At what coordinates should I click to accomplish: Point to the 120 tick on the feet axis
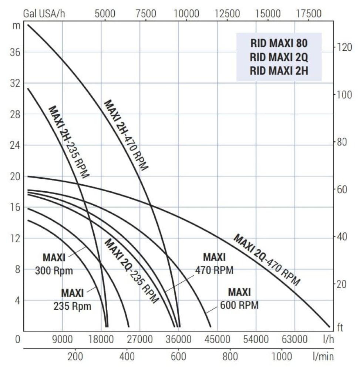(x=344, y=47)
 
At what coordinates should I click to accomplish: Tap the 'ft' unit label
(x=340, y=327)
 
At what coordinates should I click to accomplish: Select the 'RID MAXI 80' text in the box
(x=279, y=43)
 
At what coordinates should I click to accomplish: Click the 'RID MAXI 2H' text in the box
(x=279, y=71)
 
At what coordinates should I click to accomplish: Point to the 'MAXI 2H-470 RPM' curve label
(x=126, y=135)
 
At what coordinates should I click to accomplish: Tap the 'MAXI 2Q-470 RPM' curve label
(x=266, y=260)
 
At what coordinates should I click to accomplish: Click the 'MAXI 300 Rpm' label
(x=54, y=264)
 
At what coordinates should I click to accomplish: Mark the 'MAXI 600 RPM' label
(x=239, y=299)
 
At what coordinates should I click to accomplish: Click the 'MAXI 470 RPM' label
(x=214, y=263)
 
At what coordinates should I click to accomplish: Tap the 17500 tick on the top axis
(x=309, y=14)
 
